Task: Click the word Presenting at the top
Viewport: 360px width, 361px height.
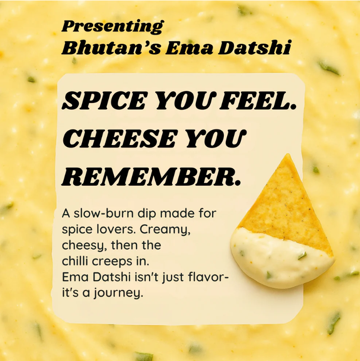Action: (112, 26)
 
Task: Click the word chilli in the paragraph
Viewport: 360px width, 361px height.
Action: (74, 261)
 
